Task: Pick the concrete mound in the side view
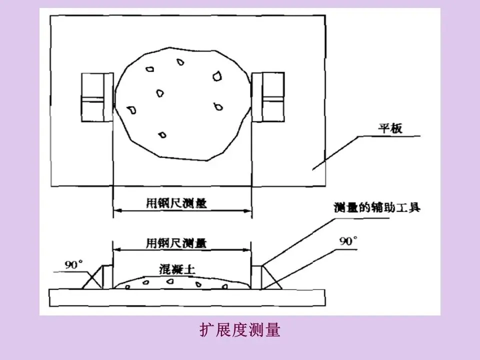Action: [182, 282]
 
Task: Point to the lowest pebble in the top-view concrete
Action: [162, 135]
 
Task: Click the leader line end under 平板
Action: [314, 169]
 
